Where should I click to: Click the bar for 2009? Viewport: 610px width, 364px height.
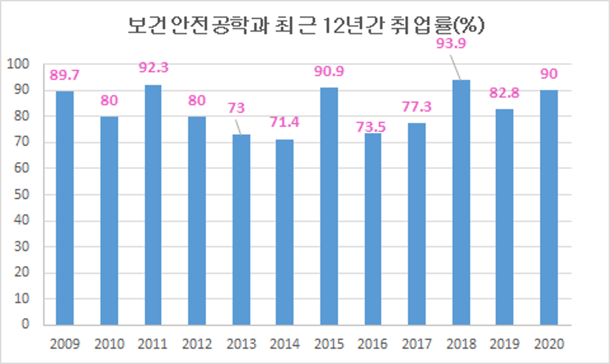click(x=65, y=208)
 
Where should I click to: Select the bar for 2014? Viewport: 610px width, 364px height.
click(x=284, y=232)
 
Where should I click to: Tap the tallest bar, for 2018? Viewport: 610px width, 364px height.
click(x=460, y=203)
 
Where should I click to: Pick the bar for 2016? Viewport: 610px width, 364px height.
click(x=373, y=229)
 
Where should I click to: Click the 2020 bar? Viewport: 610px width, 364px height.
click(x=548, y=207)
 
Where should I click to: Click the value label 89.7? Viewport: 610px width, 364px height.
click(x=64, y=74)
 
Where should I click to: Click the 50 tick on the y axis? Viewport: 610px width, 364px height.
click(x=22, y=195)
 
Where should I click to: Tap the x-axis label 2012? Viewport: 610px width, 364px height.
click(x=197, y=344)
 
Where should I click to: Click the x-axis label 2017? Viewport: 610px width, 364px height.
click(x=416, y=344)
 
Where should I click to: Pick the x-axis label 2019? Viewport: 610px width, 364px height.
click(x=505, y=344)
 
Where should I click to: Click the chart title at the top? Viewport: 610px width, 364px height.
click(x=306, y=26)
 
